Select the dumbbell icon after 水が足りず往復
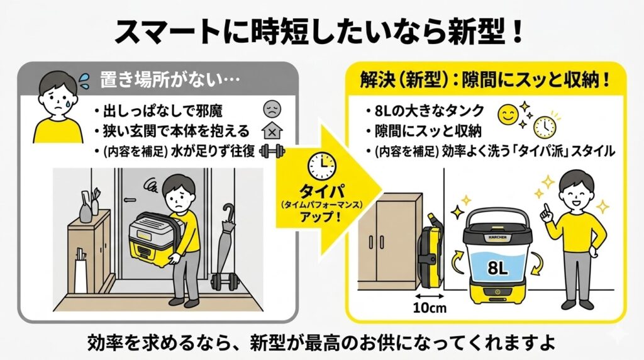272,152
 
